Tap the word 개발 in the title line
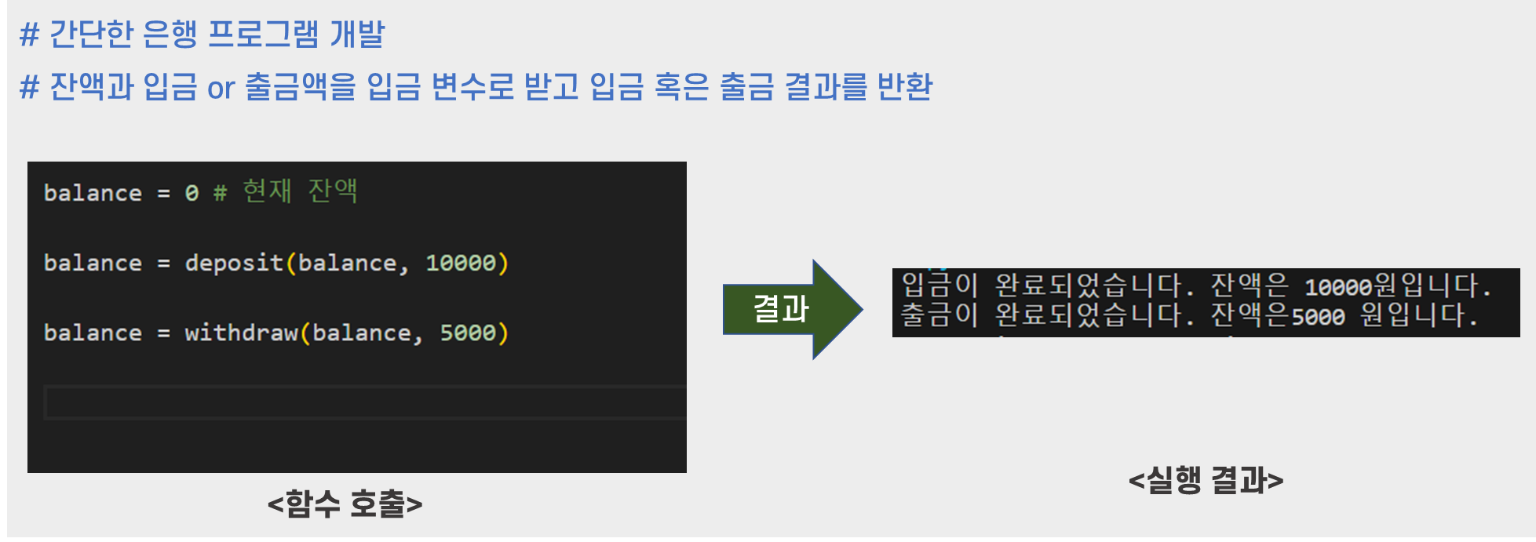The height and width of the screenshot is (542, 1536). [357, 35]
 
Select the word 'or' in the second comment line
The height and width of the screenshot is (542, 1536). [221, 88]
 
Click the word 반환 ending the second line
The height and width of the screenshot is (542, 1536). [904, 86]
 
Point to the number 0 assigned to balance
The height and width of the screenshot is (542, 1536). [192, 193]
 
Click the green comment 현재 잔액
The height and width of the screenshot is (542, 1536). [300, 191]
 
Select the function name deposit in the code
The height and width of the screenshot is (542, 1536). [234, 263]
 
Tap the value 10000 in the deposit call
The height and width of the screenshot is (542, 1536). [461, 263]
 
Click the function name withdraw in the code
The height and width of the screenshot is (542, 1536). [241, 333]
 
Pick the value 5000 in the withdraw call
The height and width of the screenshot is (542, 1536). [468, 333]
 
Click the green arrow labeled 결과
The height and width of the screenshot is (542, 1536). [791, 309]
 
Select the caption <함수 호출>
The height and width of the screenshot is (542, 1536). [345, 504]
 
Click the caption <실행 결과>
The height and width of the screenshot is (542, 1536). [1206, 480]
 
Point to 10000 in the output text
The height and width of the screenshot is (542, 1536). [1337, 287]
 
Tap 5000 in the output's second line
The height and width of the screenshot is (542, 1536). [1318, 317]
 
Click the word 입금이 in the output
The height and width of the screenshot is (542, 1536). [939, 285]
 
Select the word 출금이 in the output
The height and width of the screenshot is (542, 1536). [939, 315]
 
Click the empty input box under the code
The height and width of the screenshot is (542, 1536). [365, 402]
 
